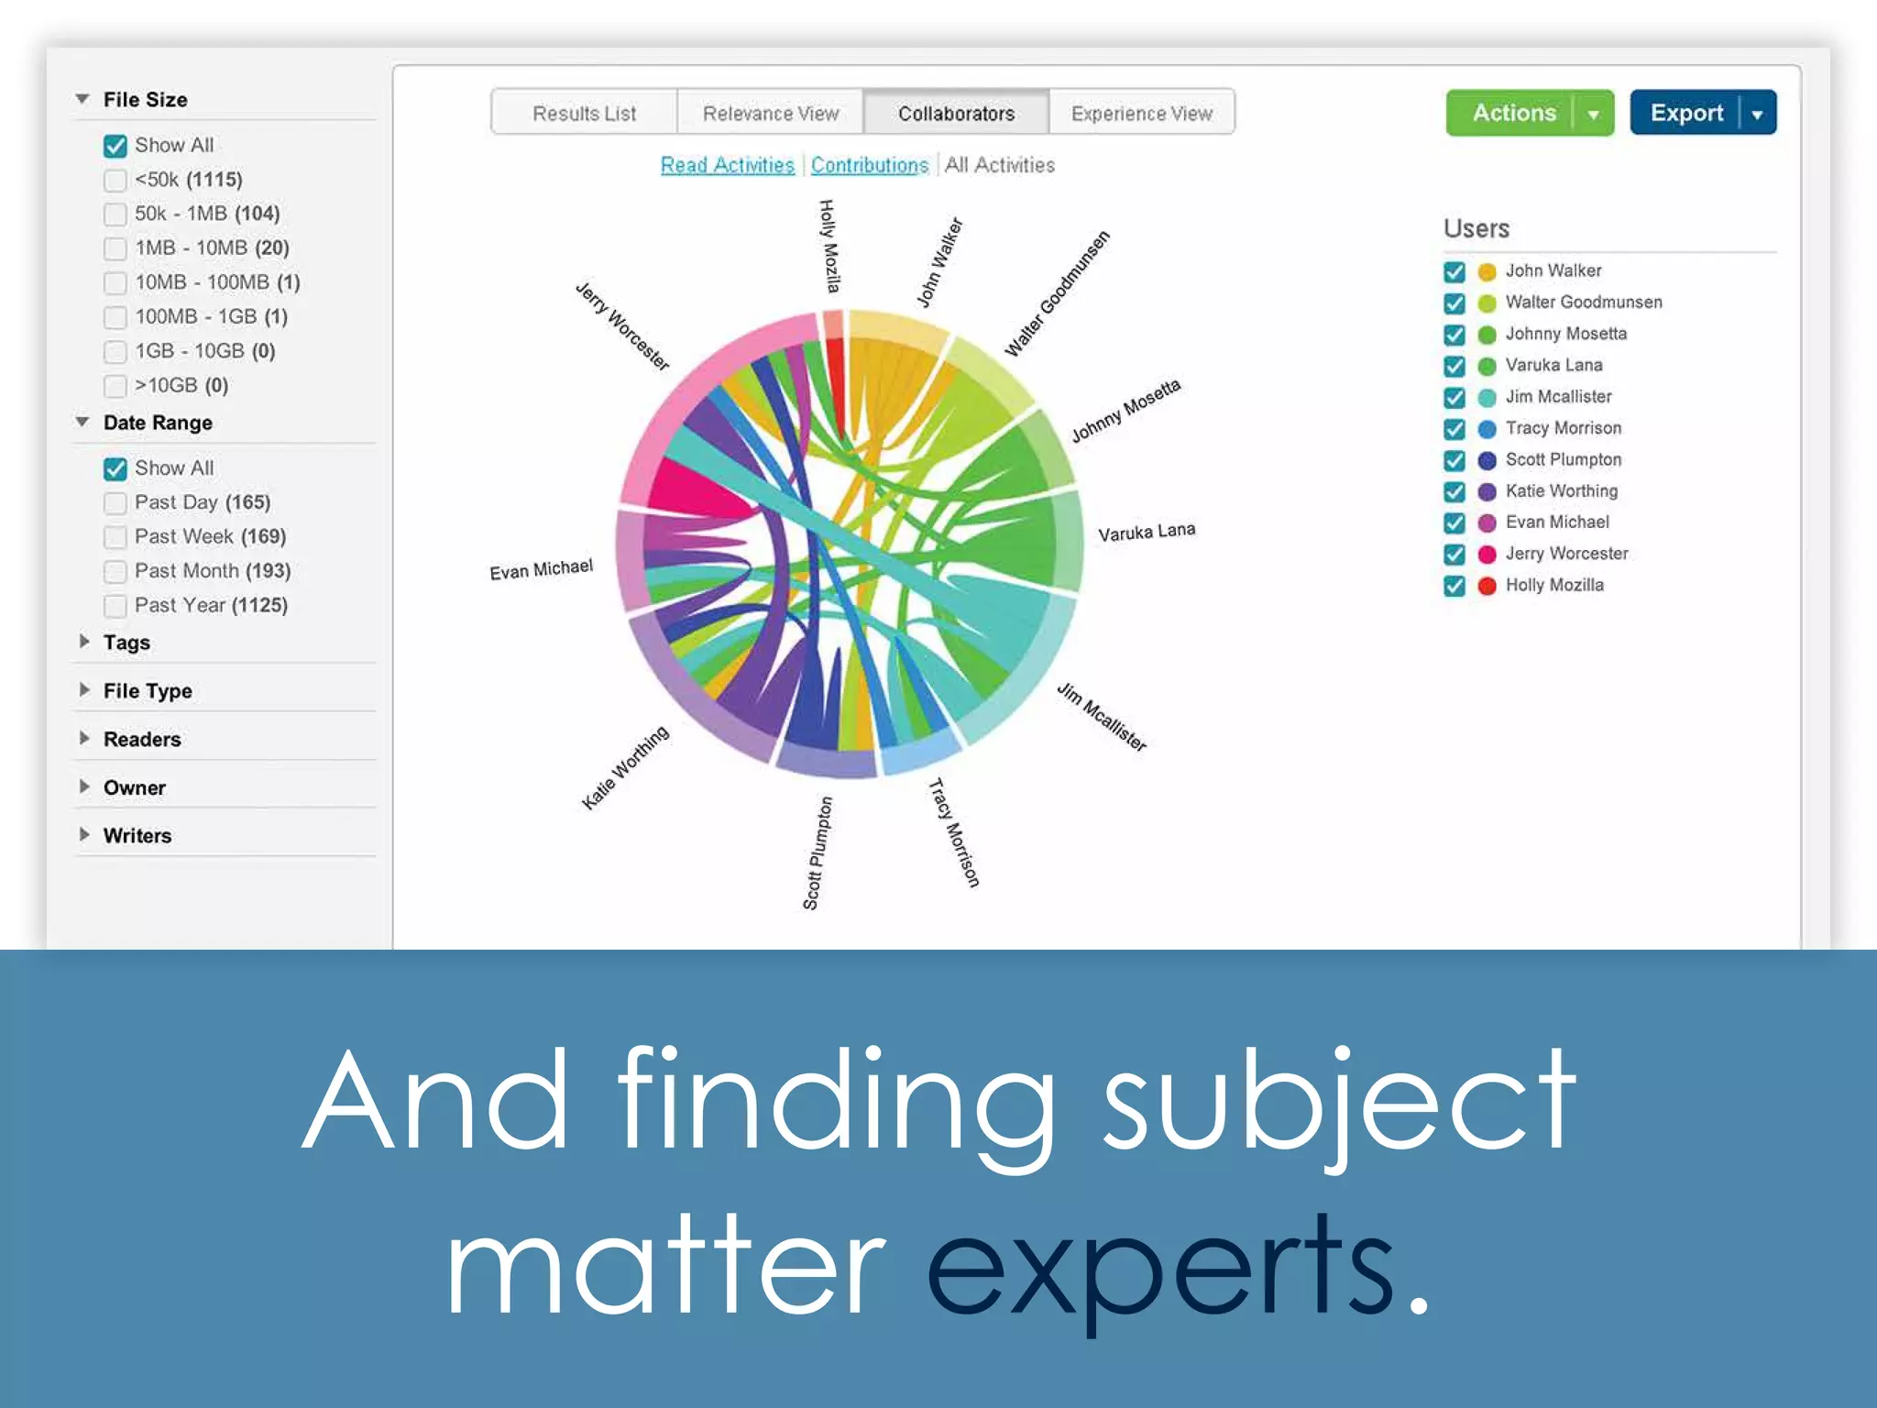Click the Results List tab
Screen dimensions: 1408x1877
point(584,114)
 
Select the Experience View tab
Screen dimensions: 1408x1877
point(1141,114)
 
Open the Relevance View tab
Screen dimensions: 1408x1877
point(770,114)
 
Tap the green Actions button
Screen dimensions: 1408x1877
point(1513,114)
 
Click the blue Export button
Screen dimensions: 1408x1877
point(1685,114)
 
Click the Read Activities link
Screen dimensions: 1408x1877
point(727,166)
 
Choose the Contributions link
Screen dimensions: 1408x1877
point(869,166)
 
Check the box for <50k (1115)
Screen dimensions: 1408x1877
point(115,181)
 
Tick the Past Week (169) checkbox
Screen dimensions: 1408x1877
point(115,537)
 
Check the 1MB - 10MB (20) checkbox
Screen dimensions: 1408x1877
point(115,249)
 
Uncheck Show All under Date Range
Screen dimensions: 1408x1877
point(115,469)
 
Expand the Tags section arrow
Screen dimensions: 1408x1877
point(84,642)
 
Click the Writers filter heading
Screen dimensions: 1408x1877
point(137,836)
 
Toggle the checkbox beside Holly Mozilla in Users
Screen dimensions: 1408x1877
point(1454,586)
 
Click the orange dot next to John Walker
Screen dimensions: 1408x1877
point(1487,272)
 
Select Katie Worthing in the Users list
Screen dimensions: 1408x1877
point(1561,491)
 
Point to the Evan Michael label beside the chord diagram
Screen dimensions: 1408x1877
point(541,570)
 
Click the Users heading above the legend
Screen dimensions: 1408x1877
point(1476,228)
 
